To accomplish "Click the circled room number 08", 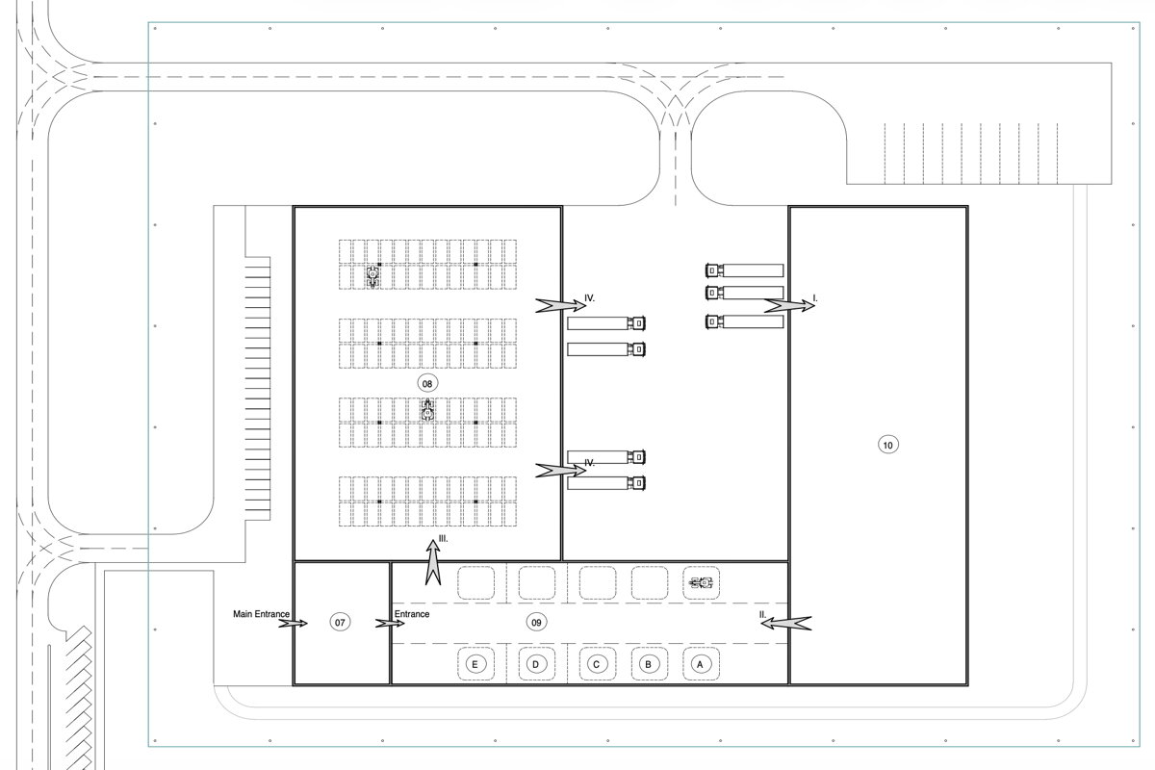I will pyautogui.click(x=427, y=383).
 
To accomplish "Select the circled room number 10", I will pyautogui.click(x=887, y=444).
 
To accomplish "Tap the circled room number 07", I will pyautogui.click(x=339, y=623).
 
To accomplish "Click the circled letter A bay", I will pyautogui.click(x=700, y=664).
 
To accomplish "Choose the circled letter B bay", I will pyautogui.click(x=649, y=664).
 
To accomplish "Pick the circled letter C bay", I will pyautogui.click(x=597, y=664).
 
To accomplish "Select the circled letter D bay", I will pyautogui.click(x=536, y=664).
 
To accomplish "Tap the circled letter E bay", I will pyautogui.click(x=474, y=664).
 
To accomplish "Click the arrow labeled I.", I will pyautogui.click(x=788, y=305).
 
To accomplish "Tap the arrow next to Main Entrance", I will pyautogui.click(x=293, y=624).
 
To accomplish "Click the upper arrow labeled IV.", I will pyautogui.click(x=559, y=305).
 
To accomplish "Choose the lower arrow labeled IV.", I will pyautogui.click(x=559, y=470).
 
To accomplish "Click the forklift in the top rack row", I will pyautogui.click(x=372, y=276).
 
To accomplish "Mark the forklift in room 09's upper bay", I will pyautogui.click(x=703, y=582).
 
